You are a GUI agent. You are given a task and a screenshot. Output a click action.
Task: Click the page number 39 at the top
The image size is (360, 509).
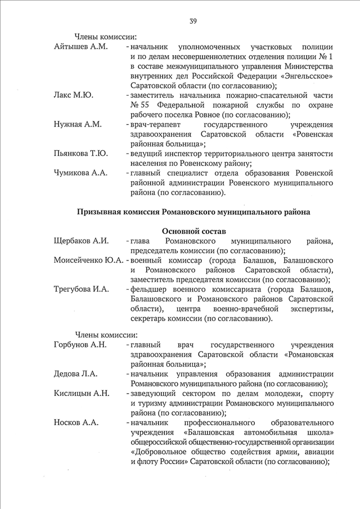[193, 21]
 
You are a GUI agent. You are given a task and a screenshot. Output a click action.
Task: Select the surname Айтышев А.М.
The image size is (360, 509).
[80, 46]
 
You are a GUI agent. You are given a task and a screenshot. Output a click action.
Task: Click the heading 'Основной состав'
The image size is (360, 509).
[193, 231]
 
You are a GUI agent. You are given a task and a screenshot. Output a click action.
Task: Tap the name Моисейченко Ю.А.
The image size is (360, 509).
[89, 261]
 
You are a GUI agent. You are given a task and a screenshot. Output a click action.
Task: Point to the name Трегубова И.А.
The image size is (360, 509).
[80, 290]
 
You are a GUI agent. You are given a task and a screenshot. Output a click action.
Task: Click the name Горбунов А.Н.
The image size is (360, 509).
[80, 344]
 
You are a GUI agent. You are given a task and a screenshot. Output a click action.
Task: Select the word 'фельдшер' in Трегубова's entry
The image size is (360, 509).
[148, 290]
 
